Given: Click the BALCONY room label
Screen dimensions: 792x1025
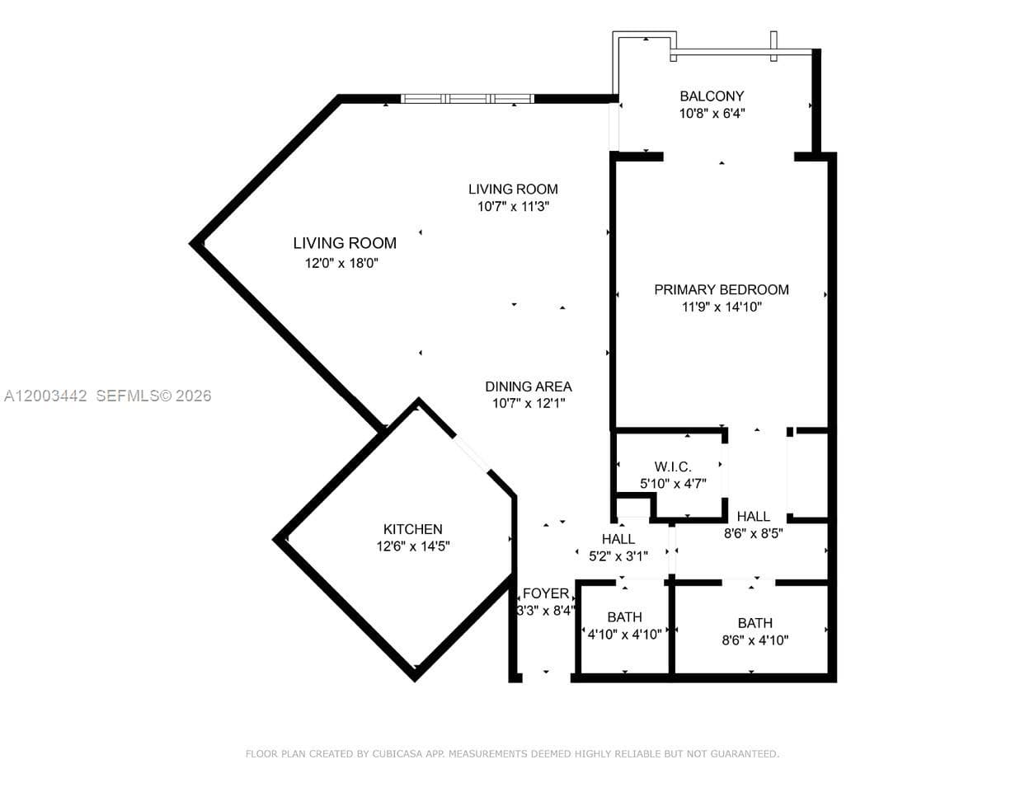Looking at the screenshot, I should point(712,96).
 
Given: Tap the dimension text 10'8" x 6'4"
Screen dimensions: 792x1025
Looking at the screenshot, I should point(712,114).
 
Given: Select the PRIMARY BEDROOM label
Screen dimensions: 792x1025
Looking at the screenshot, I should point(721,289).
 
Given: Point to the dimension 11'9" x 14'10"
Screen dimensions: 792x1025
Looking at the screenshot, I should point(721,307).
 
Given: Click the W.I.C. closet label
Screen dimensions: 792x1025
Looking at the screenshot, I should point(673,466).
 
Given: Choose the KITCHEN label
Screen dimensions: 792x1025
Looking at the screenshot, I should point(412,529).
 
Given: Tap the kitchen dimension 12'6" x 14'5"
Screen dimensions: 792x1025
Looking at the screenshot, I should point(412,546).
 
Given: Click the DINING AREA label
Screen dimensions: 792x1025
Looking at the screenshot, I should point(528,386).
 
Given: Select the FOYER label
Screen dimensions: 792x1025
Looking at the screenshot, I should point(545,593).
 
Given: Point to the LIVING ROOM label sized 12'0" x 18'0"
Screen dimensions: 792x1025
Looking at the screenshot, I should point(345,243).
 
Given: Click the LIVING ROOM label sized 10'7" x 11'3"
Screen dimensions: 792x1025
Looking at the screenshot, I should point(513,189).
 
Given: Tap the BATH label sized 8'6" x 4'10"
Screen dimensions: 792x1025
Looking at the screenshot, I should point(755,623).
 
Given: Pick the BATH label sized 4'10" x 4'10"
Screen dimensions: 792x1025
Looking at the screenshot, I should point(624,617).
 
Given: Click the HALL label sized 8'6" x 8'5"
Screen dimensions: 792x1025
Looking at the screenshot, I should point(753,516).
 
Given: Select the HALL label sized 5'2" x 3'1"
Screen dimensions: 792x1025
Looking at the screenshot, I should point(618,539).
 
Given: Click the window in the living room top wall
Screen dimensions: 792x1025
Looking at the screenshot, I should point(467,99).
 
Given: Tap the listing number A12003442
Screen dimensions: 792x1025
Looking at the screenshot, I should point(45,396).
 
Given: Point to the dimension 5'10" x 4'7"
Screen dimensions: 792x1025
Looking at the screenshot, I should point(673,484).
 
